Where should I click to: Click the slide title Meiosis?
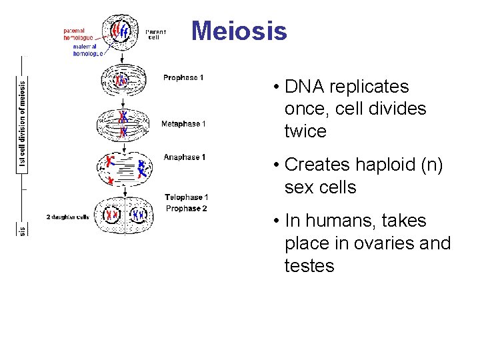pyautogui.click(x=239, y=31)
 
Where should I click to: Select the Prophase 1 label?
pyautogui.click(x=183, y=78)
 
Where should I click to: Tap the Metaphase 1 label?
pyautogui.click(x=183, y=124)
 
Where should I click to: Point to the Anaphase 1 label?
pyautogui.click(x=184, y=157)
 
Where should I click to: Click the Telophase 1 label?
pyautogui.click(x=187, y=197)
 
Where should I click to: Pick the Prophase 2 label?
pyautogui.click(x=187, y=209)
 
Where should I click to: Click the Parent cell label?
pyautogui.click(x=155, y=34)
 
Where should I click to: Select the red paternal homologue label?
pyautogui.click(x=78, y=34)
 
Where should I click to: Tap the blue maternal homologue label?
pyautogui.click(x=88, y=50)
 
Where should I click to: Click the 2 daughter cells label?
pyautogui.click(x=68, y=217)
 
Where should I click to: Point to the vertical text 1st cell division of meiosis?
pyautogui.click(x=22, y=127)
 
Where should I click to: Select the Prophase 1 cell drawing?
pyautogui.click(x=122, y=81)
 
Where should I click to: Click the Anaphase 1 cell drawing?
pyautogui.click(x=124, y=167)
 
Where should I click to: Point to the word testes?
pyautogui.click(x=309, y=266)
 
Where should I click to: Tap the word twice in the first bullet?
pyautogui.click(x=305, y=131)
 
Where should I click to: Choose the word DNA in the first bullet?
pyautogui.click(x=303, y=87)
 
